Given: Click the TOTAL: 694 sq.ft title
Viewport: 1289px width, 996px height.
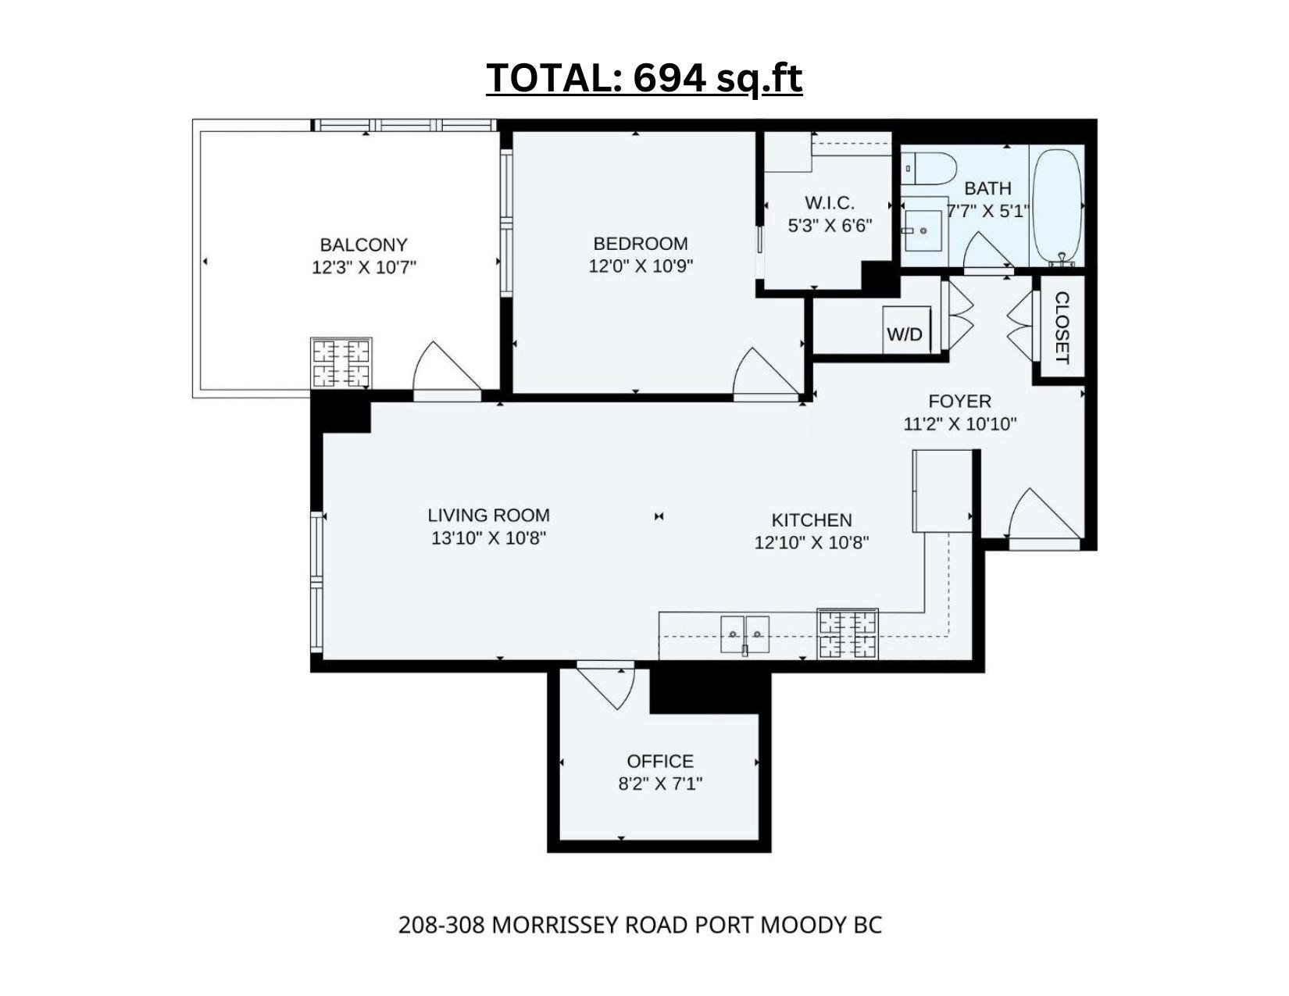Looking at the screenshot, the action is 644,77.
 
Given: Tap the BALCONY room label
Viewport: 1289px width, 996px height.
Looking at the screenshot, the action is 363,245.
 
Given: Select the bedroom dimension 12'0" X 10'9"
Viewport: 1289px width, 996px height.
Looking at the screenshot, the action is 641,266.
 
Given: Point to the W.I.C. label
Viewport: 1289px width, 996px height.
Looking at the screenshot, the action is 830,203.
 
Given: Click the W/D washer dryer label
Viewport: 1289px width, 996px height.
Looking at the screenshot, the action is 905,334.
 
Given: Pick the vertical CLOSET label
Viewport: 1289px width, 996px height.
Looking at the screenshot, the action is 1062,327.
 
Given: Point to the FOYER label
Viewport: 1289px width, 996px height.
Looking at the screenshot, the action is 959,402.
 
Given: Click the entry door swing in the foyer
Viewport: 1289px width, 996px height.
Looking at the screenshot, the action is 1044,514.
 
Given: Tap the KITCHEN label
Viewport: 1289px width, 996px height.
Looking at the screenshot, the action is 812,520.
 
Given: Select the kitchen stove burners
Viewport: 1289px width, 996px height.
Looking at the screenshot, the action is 848,634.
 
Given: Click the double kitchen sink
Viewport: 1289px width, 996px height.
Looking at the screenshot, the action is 745,634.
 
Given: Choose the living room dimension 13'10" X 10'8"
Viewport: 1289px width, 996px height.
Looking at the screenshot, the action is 488,538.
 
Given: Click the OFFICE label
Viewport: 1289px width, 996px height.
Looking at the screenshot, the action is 660,761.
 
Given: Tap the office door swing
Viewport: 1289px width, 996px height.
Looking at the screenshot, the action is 605,687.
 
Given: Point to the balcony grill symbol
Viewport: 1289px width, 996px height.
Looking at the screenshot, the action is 341,363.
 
